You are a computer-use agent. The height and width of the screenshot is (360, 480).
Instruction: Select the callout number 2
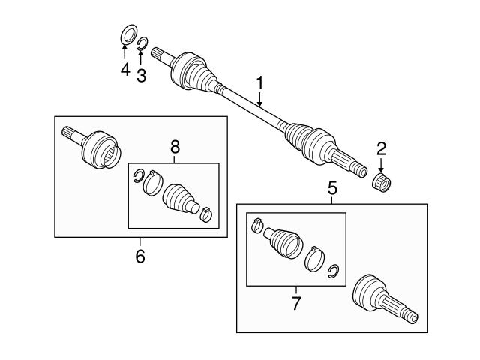click(382, 149)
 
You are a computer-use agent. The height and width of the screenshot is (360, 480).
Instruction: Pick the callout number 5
click(332, 190)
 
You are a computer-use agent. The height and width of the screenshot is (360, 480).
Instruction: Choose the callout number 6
click(140, 256)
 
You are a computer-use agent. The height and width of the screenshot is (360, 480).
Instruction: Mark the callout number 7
click(295, 304)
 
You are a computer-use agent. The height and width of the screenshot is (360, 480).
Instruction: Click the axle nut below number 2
click(383, 181)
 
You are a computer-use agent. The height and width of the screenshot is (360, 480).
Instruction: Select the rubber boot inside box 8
click(179, 198)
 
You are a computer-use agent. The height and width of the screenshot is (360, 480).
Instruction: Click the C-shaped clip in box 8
click(138, 176)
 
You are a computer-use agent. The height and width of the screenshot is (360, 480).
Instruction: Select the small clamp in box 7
click(256, 224)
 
